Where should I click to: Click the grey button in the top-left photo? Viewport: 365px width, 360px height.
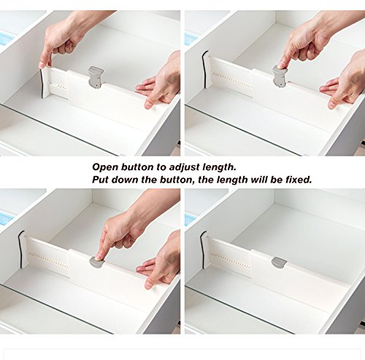96,77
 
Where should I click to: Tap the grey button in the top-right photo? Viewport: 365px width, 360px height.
280,76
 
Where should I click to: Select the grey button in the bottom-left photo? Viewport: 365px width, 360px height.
96,261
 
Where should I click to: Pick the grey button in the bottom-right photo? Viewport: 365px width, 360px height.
279,263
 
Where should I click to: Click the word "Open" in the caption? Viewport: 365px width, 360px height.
105,167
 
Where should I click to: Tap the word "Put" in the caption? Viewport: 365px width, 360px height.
100,180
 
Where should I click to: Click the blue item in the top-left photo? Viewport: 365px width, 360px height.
7,39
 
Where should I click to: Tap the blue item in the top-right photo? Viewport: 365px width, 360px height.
191,39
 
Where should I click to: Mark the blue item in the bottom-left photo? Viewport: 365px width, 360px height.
6,219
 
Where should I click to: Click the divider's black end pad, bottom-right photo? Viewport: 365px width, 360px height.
202,250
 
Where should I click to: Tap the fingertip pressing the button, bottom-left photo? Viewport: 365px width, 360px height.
99,256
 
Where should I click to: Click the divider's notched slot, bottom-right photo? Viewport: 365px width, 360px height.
229,261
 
